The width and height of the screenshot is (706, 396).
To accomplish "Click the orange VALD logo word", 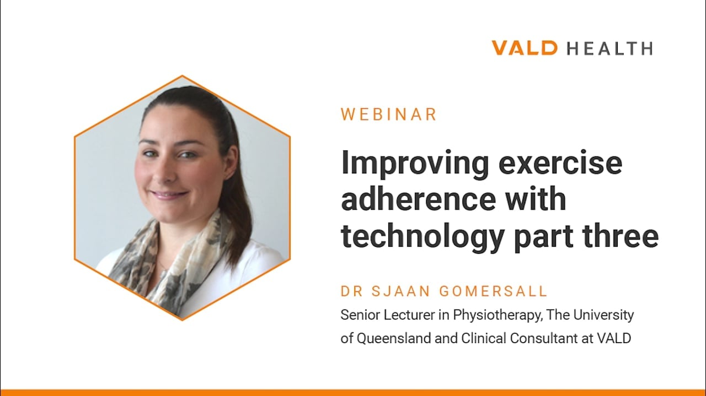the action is click(525, 48).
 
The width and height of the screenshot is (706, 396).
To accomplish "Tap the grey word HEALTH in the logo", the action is click(610, 48).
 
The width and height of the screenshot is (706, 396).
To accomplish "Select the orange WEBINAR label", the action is click(389, 114).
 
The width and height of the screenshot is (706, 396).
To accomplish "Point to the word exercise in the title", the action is click(560, 163).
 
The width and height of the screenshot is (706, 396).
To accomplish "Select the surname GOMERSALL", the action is click(493, 291).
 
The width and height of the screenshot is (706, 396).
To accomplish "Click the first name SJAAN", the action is click(400, 291).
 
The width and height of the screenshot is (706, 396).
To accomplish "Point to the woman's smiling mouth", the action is click(169, 195).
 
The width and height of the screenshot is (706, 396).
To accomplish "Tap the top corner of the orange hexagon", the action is click(182, 75).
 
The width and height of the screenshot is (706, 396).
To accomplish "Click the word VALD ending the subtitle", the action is click(614, 339).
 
